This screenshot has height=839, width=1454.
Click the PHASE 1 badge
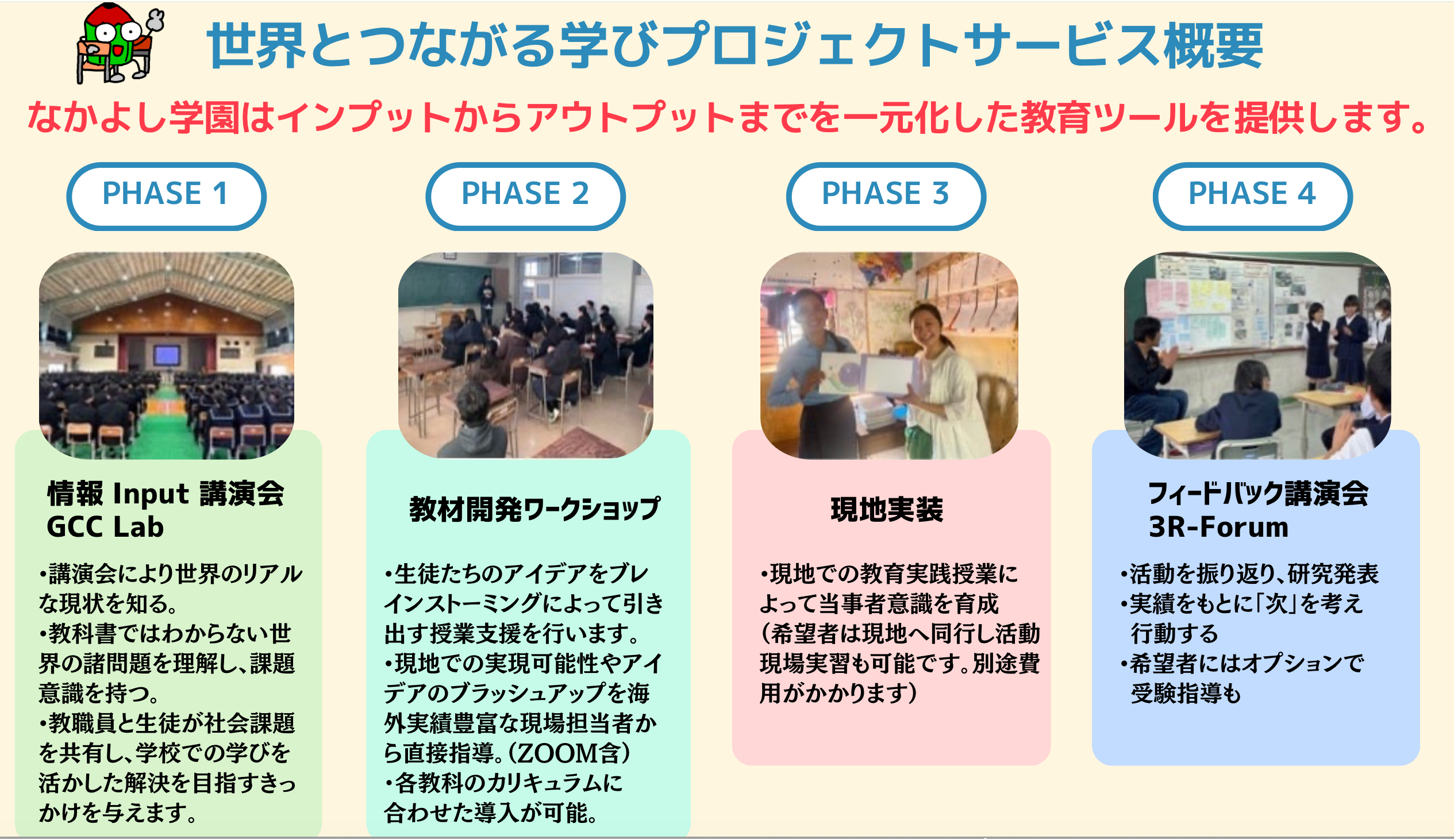(x=166, y=197)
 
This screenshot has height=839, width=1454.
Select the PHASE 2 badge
(x=525, y=197)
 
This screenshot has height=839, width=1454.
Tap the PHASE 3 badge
(x=886, y=197)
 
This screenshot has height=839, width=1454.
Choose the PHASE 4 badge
(x=1252, y=197)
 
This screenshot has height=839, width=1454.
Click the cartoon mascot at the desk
(x=120, y=43)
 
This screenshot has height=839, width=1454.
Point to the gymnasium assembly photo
(x=167, y=356)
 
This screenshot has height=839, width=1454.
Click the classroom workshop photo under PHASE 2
(x=526, y=356)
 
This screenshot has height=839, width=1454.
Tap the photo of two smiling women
(x=889, y=356)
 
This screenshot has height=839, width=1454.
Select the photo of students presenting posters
(x=1257, y=356)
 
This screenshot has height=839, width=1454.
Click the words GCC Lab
(x=106, y=527)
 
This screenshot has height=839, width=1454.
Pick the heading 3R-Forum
(x=1218, y=527)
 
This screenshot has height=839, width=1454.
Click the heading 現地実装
(x=887, y=510)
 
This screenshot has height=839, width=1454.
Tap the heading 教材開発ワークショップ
(x=534, y=509)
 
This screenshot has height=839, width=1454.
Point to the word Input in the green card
(x=151, y=494)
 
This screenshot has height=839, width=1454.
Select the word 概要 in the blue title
(x=1213, y=46)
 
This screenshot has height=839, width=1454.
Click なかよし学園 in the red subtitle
(x=133, y=118)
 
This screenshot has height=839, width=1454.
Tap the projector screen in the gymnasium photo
(x=167, y=355)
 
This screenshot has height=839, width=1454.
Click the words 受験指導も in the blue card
(x=1186, y=693)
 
